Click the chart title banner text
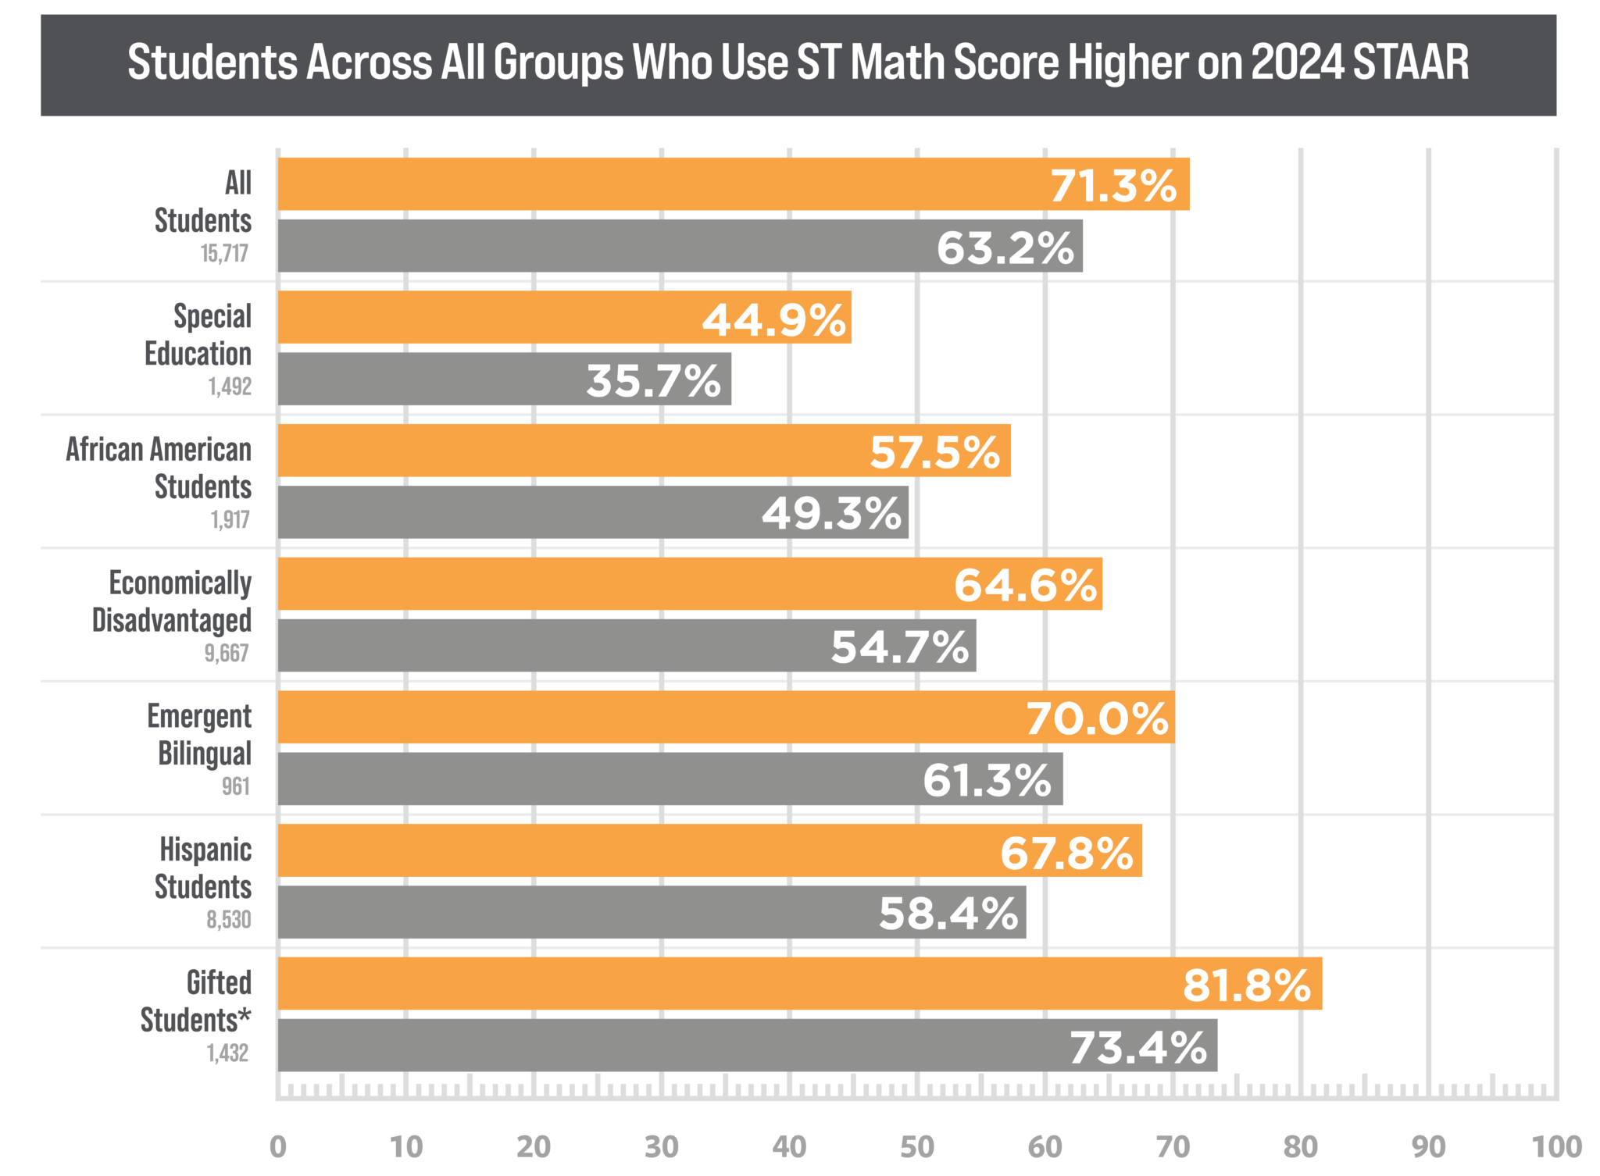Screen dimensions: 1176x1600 point(798,62)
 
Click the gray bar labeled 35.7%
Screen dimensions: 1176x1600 point(430,380)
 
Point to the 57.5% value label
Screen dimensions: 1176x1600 point(934,452)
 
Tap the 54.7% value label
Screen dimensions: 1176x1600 point(899,647)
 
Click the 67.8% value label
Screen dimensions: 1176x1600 point(1066,853)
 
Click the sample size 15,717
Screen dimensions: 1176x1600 point(225,254)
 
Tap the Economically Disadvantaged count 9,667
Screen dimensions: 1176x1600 point(227,653)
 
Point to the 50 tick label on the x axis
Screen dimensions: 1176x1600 point(917,1147)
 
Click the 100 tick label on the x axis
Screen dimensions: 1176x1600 point(1556,1147)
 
